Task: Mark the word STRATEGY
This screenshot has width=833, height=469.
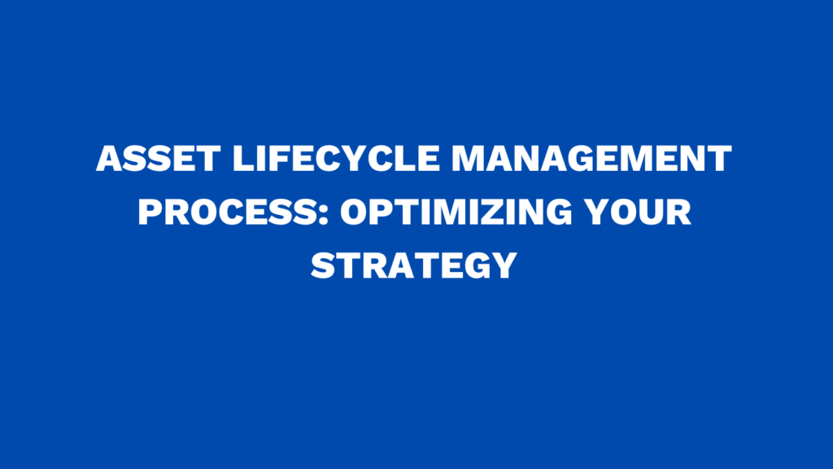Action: pyautogui.click(x=416, y=265)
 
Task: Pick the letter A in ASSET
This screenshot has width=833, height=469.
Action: pyautogui.click(x=109, y=159)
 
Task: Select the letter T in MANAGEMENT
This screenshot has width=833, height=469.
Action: pyautogui.click(x=718, y=159)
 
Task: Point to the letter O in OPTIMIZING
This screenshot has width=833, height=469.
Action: pyautogui.click(x=354, y=213)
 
